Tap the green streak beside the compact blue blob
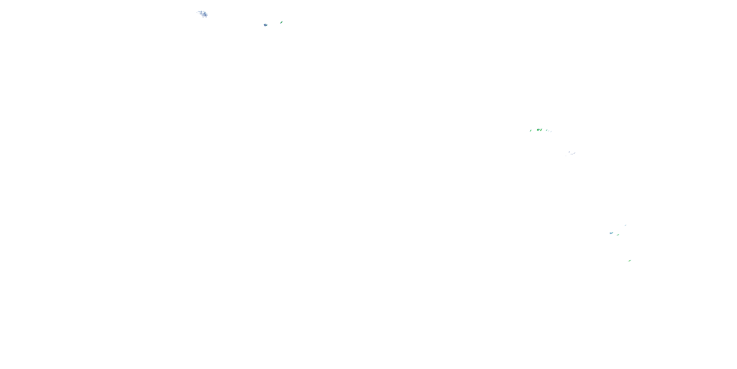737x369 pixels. coord(282,22)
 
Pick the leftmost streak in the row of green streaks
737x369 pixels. coord(531,131)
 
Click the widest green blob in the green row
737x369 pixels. coord(538,130)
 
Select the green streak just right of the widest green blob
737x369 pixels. coord(541,130)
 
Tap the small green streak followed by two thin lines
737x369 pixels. coord(547,130)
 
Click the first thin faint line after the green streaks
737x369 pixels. coord(549,131)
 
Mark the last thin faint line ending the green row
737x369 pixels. coord(551,132)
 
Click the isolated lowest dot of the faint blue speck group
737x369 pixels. coord(566,156)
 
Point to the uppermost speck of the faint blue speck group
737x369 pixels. coord(569,152)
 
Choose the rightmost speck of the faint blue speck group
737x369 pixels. coord(575,153)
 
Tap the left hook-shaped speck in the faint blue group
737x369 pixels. coord(571,154)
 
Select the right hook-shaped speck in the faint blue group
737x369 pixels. coord(572,154)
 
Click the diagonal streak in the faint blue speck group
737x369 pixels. coord(574,154)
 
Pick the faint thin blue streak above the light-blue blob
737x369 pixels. coord(625,226)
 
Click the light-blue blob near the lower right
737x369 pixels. coord(611,233)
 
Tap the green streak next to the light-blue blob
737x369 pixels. coord(618,235)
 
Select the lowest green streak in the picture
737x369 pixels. coord(629,261)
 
